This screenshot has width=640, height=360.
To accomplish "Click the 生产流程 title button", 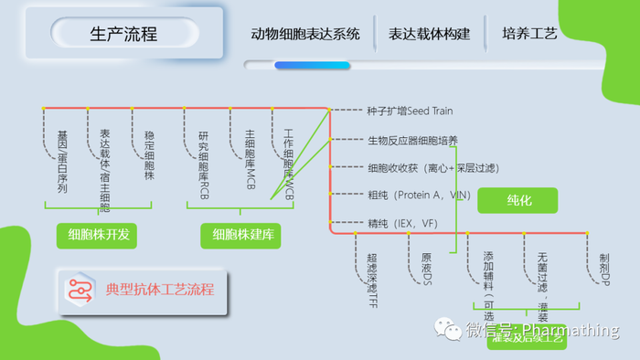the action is (x=123, y=34).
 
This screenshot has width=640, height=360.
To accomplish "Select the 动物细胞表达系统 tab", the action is (x=305, y=34).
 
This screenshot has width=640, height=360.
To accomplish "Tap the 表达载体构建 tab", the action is (x=429, y=34).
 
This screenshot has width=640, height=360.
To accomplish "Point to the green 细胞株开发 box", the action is (x=98, y=235).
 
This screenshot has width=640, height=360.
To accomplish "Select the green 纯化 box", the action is (x=518, y=198).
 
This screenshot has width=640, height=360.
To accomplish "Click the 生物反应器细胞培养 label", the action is (x=412, y=140).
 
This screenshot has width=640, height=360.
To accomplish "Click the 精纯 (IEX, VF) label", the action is (x=401, y=222).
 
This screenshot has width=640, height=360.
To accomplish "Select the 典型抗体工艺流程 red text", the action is (x=160, y=289).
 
